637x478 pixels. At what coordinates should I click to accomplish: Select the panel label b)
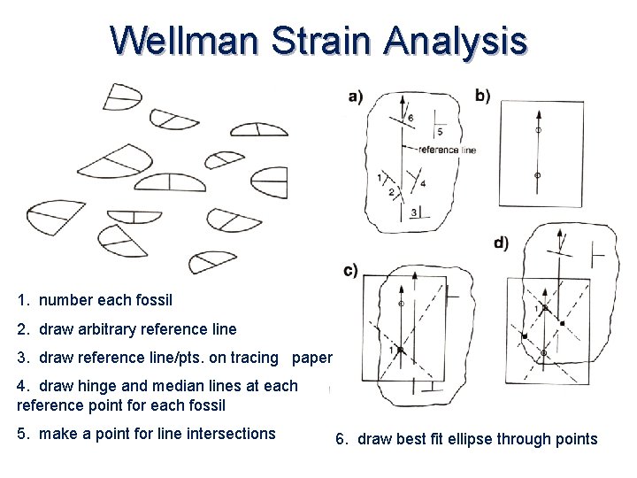click(x=483, y=95)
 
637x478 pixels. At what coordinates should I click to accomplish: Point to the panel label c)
click(x=350, y=271)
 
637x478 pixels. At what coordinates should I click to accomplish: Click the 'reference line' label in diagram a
click(x=446, y=150)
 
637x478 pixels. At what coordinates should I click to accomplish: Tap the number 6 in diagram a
click(x=410, y=118)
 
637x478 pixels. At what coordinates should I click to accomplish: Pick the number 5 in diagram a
click(x=440, y=132)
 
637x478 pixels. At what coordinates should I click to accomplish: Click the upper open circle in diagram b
click(x=538, y=131)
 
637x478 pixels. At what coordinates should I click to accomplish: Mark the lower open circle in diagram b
click(x=538, y=176)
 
